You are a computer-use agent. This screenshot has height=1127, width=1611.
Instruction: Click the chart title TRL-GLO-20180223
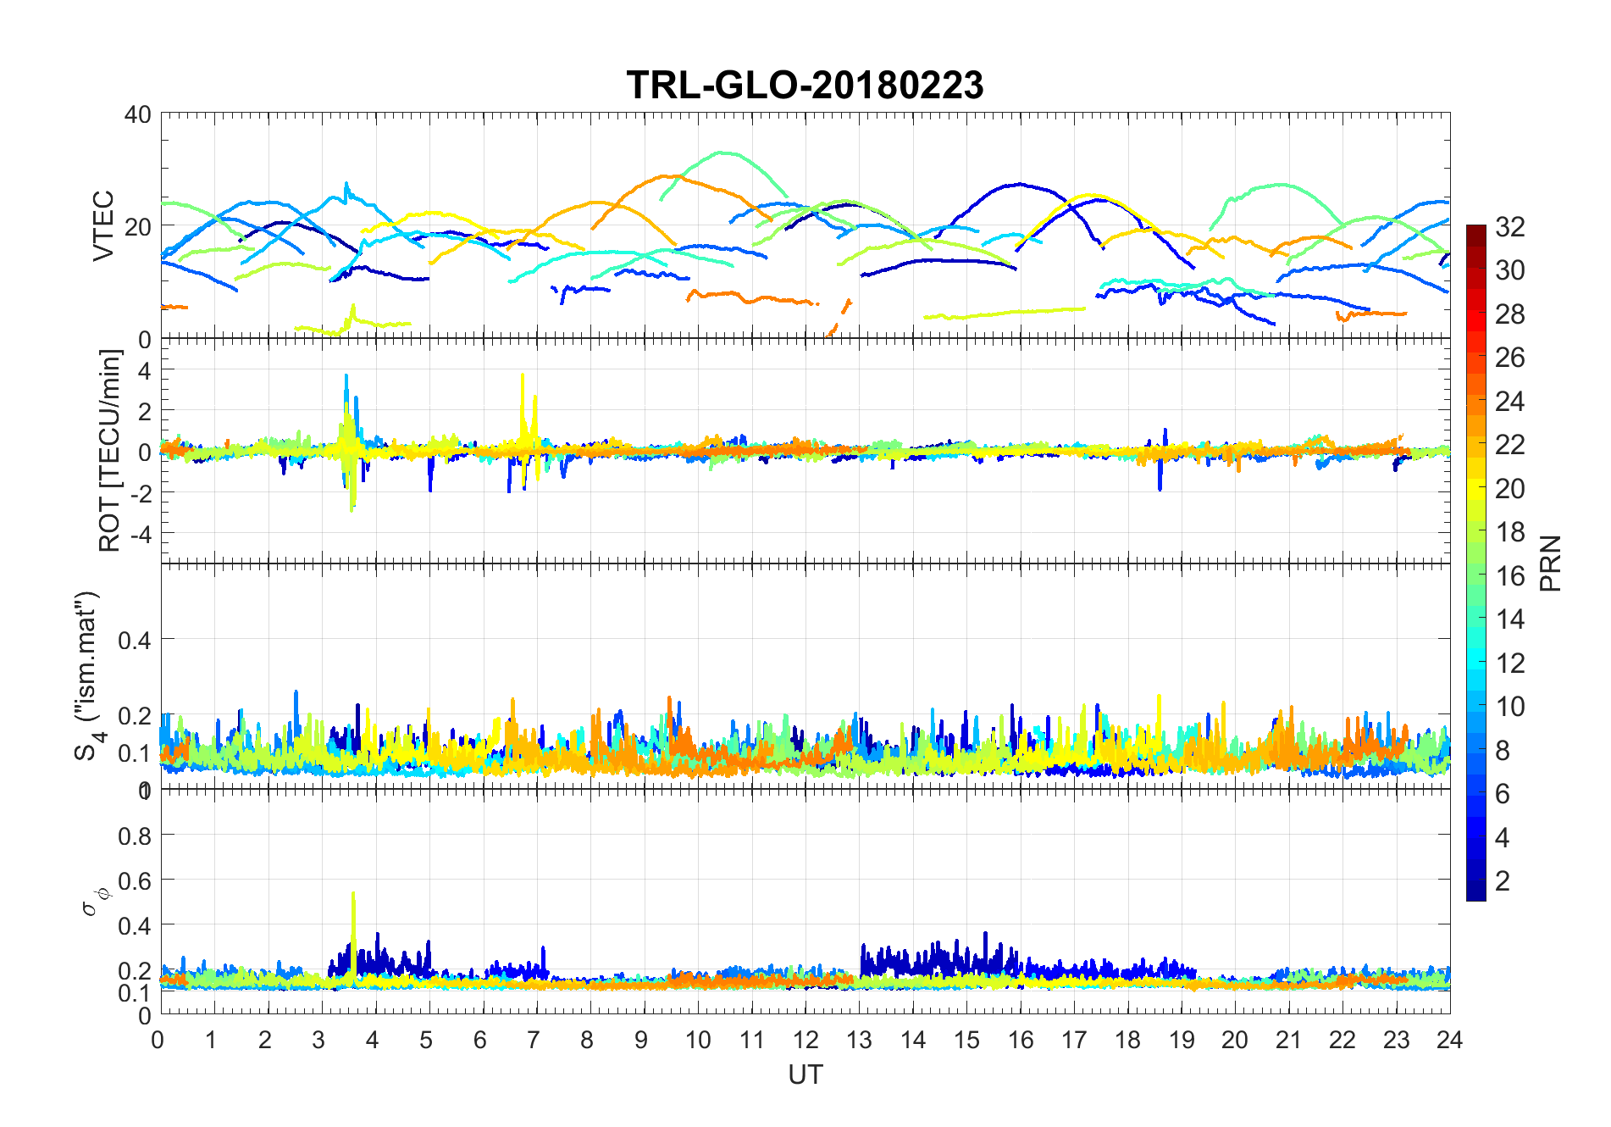805,85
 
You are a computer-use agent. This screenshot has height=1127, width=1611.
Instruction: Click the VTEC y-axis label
103,225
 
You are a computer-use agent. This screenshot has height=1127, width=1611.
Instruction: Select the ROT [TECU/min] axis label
110,451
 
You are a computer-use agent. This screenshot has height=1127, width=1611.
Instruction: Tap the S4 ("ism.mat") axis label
88,675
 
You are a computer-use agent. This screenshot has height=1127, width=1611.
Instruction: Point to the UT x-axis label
805,1074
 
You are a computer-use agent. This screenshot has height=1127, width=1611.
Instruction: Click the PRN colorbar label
1551,563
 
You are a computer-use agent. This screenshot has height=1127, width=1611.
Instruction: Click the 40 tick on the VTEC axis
138,114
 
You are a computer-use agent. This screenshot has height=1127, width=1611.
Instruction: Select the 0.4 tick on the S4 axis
135,640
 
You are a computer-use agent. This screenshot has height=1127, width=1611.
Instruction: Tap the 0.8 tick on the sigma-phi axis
135,836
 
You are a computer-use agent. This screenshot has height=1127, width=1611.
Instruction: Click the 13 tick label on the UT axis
859,1040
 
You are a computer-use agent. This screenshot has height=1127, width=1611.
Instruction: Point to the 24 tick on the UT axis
1449,1040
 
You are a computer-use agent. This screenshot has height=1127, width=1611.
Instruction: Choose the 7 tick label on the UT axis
533,1040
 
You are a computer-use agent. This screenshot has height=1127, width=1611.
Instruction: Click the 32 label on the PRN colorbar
1510,226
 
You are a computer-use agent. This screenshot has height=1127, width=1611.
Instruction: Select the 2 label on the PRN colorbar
1503,880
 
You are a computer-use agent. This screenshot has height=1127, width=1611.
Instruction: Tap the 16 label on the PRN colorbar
1510,575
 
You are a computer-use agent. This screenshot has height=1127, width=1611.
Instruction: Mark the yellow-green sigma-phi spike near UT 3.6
353,895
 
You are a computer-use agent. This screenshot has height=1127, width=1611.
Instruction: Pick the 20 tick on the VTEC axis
138,226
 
